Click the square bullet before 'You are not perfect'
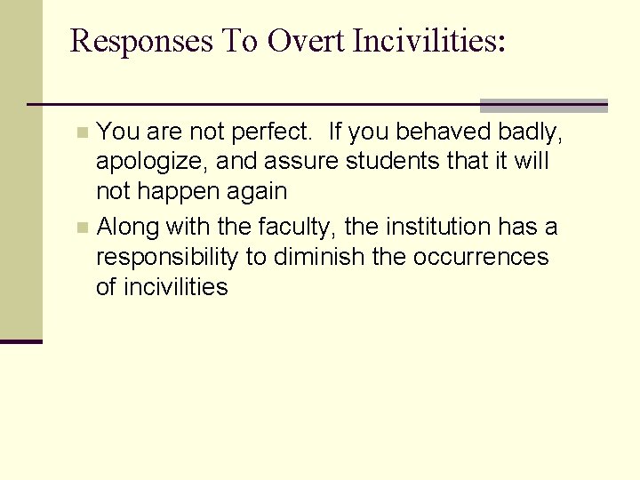click(x=83, y=133)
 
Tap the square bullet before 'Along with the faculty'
click(x=83, y=228)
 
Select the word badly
click(x=531, y=133)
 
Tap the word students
click(x=380, y=162)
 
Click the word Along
click(x=125, y=227)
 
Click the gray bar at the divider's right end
click(x=543, y=106)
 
